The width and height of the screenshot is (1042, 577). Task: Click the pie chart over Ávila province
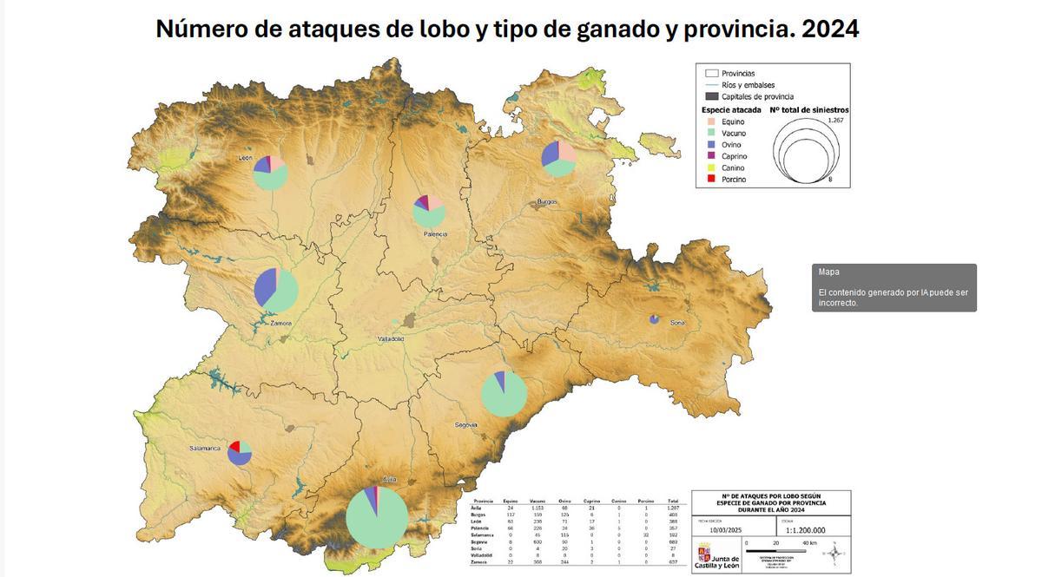pyautogui.click(x=377, y=517)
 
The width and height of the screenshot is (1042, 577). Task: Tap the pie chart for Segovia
pyautogui.click(x=504, y=393)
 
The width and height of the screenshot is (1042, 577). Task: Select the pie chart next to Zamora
pyautogui.click(x=276, y=290)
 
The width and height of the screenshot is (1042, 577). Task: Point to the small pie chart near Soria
pyautogui.click(x=654, y=319)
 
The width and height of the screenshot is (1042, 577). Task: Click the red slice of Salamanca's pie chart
pyautogui.click(x=234, y=446)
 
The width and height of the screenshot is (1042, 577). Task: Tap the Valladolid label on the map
pyautogui.click(x=391, y=338)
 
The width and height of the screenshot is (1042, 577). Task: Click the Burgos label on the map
pyautogui.click(x=547, y=201)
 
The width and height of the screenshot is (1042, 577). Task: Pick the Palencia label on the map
pyautogui.click(x=435, y=234)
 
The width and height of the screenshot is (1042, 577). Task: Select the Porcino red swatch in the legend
pyautogui.click(x=711, y=179)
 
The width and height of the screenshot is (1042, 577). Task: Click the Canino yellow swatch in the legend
pyautogui.click(x=711, y=167)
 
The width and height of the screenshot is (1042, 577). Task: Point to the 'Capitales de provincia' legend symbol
pyautogui.click(x=711, y=96)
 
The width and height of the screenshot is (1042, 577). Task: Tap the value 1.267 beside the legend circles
pyautogui.click(x=835, y=120)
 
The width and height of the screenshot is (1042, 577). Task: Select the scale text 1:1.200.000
pyautogui.click(x=805, y=530)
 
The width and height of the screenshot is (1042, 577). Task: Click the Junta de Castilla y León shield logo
pyautogui.click(x=704, y=554)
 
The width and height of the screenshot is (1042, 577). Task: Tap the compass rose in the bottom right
pyautogui.click(x=834, y=552)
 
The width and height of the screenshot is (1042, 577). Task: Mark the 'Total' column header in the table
pyautogui.click(x=672, y=501)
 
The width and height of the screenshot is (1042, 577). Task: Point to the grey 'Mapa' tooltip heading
pyautogui.click(x=828, y=272)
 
